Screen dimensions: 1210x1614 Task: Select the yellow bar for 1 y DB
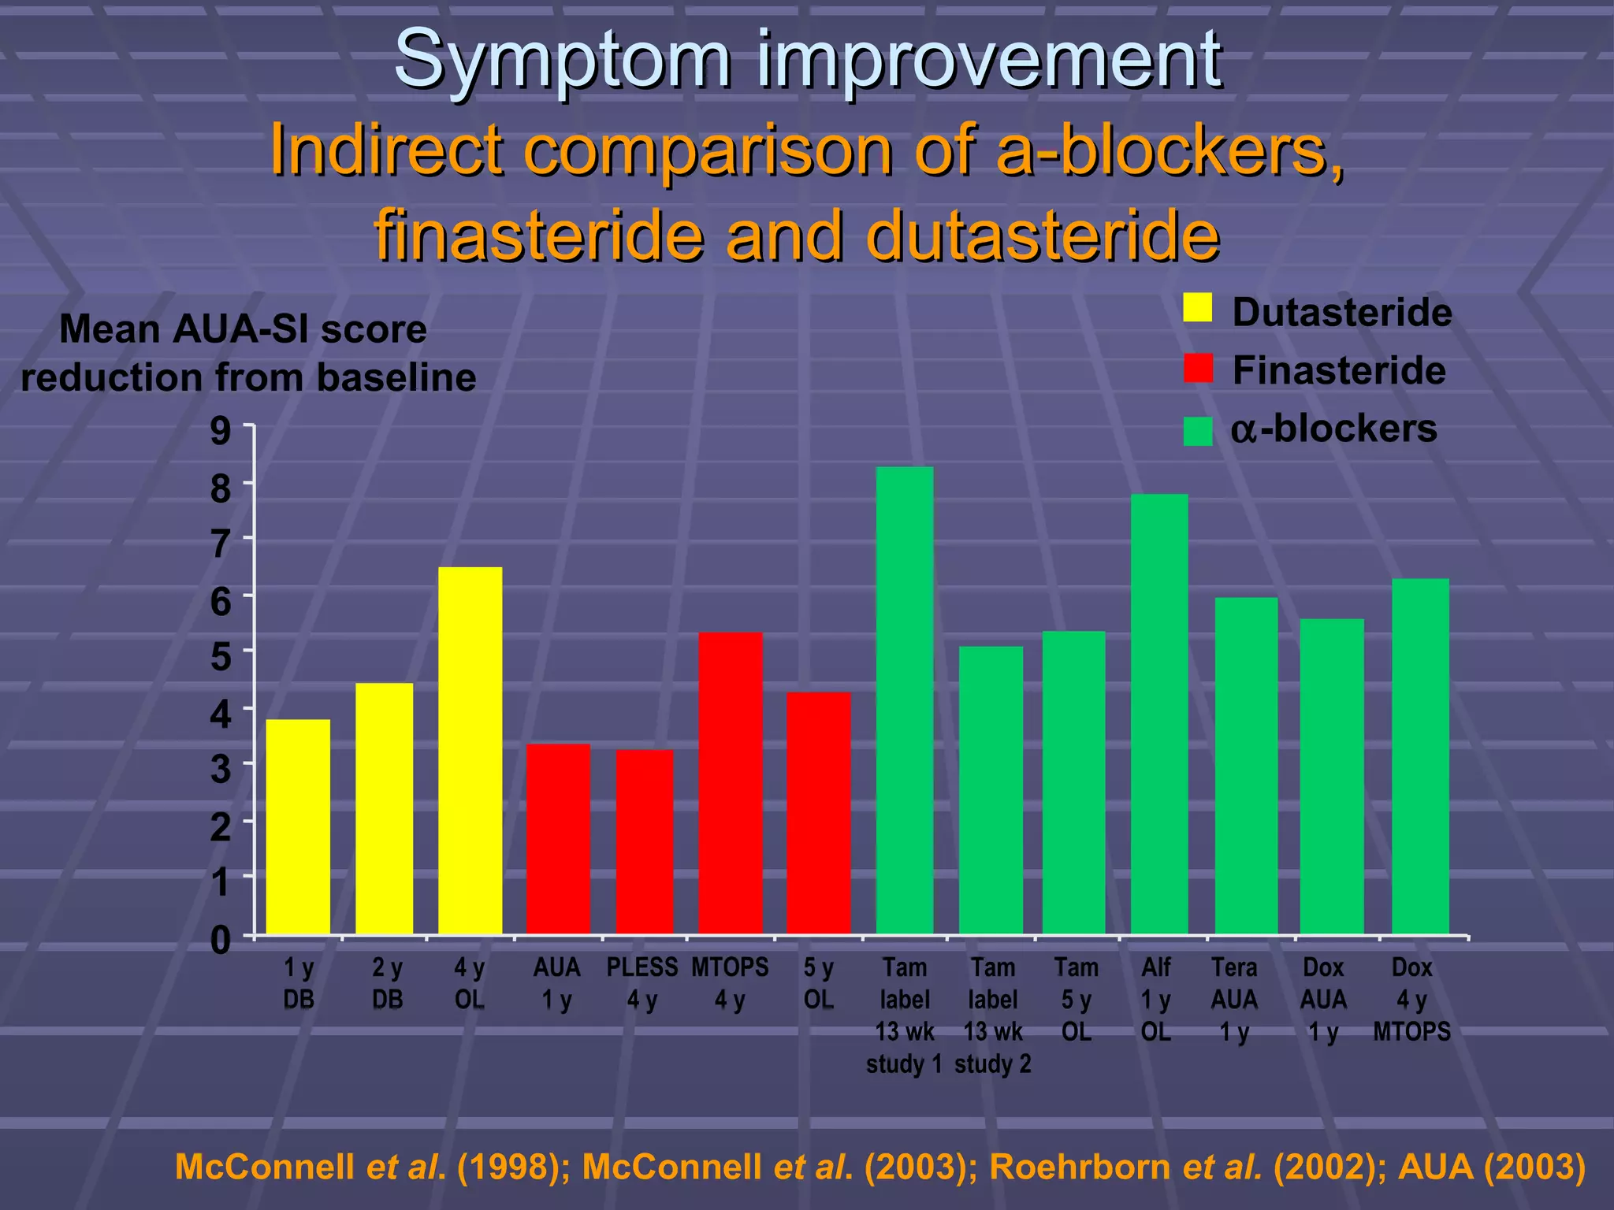pos(298,826)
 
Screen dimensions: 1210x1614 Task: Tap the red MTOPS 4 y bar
pos(730,783)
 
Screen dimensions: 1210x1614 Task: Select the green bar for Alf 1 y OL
pos(1158,714)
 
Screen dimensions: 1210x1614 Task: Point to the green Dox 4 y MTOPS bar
pos(1419,756)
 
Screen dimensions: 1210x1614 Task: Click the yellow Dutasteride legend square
pos(1197,308)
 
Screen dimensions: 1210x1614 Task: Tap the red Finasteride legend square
pos(1197,368)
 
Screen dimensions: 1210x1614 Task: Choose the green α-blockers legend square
pos(1197,431)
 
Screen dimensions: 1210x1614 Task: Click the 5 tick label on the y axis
pos(221,655)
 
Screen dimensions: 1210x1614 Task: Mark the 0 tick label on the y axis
pos(221,940)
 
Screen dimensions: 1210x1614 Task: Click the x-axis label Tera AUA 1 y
pos(1234,999)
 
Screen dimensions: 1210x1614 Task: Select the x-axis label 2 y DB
pos(387,983)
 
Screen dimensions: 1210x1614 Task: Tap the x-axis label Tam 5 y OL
pos(1076,999)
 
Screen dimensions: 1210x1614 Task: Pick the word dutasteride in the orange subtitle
pos(1042,236)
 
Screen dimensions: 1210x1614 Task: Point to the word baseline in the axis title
pos(396,377)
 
